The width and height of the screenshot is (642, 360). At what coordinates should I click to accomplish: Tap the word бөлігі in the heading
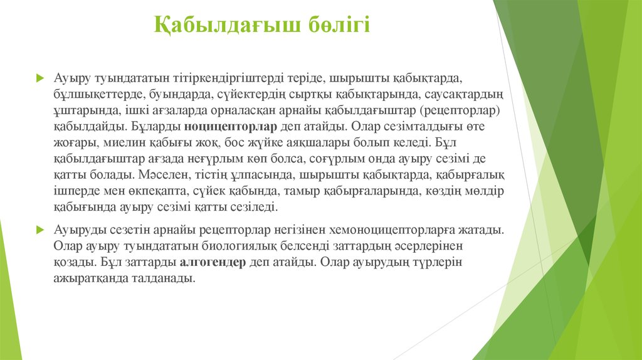pyautogui.click(x=339, y=25)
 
